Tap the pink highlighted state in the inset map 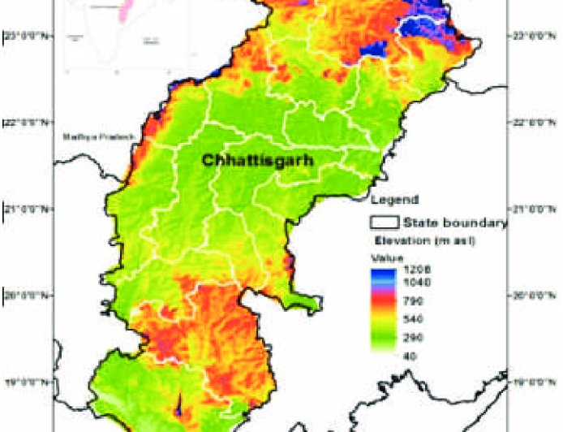click(x=126, y=12)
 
